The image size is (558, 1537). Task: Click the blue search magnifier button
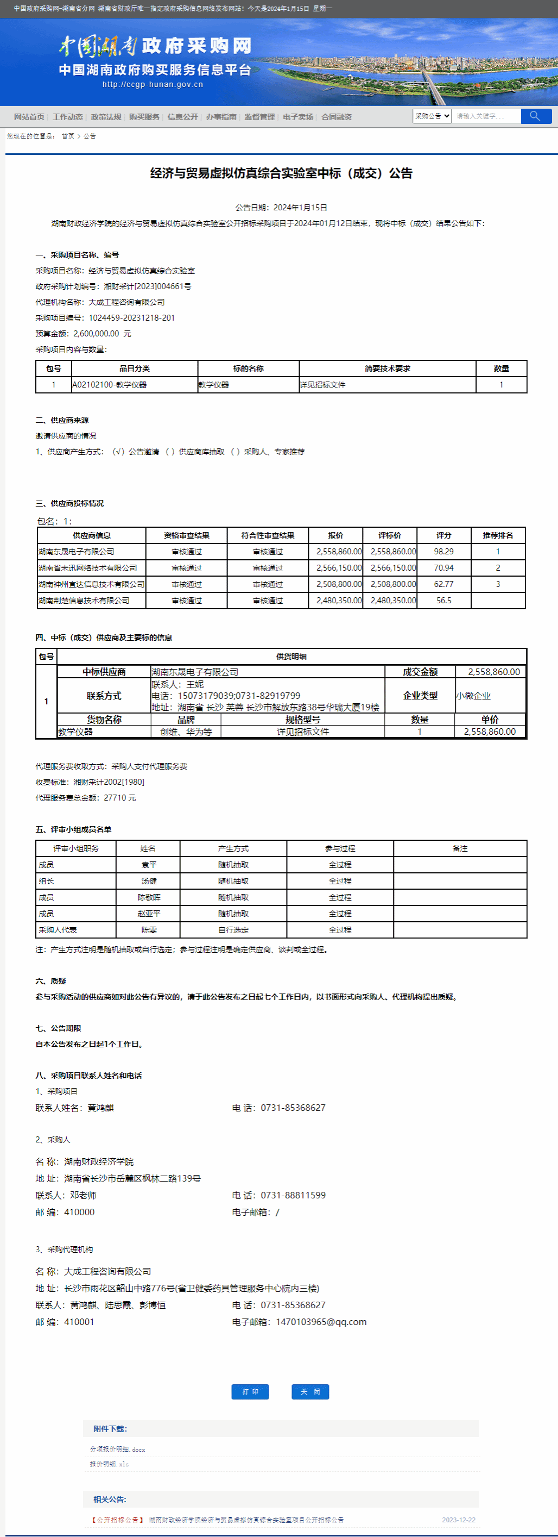[535, 116]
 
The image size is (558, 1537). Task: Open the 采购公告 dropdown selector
[432, 116]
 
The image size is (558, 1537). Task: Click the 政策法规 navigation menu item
[105, 117]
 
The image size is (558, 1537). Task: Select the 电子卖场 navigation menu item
[297, 117]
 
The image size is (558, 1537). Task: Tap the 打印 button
[250, 1391]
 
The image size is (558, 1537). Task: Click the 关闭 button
[310, 1391]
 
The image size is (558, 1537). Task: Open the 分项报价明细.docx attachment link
[117, 1449]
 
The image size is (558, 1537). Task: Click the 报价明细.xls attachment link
[109, 1464]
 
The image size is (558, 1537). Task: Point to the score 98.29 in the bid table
[443, 552]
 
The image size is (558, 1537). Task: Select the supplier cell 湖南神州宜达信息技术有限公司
[91, 585]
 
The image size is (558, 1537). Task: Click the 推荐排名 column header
[498, 536]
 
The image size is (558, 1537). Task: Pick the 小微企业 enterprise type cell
[473, 696]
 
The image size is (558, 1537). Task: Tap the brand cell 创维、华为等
[186, 732]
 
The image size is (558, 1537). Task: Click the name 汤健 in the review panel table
[148, 881]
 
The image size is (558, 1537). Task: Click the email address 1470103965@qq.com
[321, 1322]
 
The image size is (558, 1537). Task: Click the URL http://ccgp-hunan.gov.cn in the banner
[153, 85]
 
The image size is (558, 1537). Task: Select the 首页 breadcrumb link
[68, 136]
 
